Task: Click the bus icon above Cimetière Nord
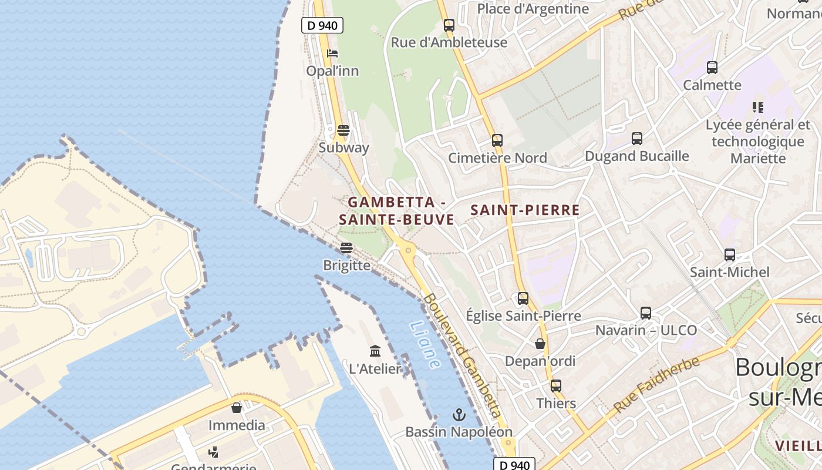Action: (x=497, y=140)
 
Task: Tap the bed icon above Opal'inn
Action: (x=332, y=53)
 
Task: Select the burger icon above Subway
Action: (x=343, y=130)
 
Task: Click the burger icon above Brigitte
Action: (x=346, y=248)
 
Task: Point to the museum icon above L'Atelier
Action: (x=375, y=351)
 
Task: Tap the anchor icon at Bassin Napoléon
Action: (x=459, y=415)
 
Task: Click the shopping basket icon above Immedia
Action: (x=237, y=408)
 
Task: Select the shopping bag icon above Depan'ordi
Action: (x=540, y=344)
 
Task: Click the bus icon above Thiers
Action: (x=555, y=386)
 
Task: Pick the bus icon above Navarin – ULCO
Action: (x=646, y=313)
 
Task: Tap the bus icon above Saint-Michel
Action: (x=730, y=255)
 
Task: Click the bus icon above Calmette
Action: (x=712, y=68)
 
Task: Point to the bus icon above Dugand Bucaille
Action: (x=637, y=139)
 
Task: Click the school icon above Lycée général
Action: (x=758, y=108)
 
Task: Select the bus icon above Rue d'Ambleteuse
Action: (x=449, y=25)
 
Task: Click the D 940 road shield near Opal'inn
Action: (x=322, y=25)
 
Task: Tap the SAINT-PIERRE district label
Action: (x=525, y=210)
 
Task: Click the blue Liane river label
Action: (x=425, y=345)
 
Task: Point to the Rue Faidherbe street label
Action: (x=656, y=384)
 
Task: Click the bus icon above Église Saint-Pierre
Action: (x=523, y=298)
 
